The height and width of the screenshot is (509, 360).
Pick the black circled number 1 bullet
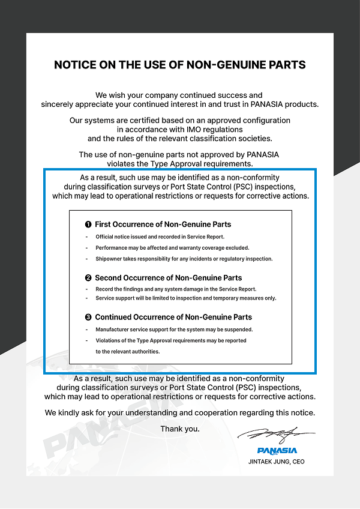pos(88,224)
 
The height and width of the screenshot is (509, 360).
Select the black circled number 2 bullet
pos(88,278)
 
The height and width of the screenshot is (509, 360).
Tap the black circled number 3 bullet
pos(88,317)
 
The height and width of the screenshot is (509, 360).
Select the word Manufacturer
pos(112,330)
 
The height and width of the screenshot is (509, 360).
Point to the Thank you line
pos(180,429)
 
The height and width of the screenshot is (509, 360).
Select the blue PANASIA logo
pos(277,450)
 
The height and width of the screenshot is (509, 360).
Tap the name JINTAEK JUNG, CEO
pos(277,462)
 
